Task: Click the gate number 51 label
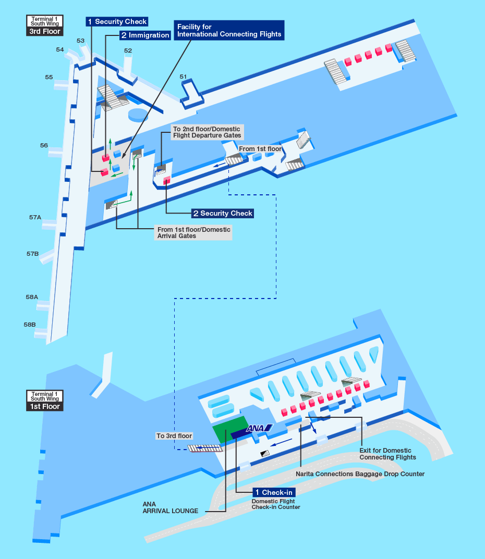coord(183,77)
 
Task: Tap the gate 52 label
coord(128,51)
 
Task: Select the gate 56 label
coord(44,145)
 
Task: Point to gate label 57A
coord(35,217)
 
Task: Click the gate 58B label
coord(30,324)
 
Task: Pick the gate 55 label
coord(48,77)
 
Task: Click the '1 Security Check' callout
coord(117,21)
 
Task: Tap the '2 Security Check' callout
coord(223,213)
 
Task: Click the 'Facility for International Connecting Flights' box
coord(229,30)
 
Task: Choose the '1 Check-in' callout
coord(274,492)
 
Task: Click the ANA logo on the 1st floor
coord(259,428)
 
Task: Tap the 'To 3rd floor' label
coord(174,436)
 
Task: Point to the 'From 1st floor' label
coord(260,148)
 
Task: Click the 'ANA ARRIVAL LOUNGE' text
coord(170,507)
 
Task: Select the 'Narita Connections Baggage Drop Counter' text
coord(360,474)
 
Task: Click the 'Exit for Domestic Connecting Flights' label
coord(387,454)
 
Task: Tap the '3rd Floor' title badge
coord(45,31)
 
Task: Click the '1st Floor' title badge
coord(45,406)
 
